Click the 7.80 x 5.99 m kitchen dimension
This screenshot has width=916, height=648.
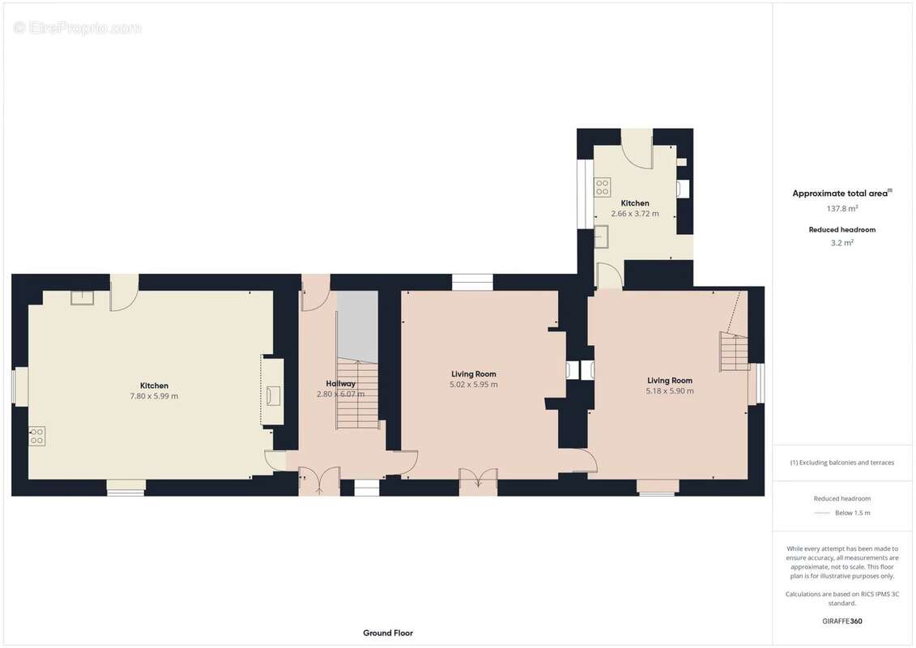point(154,396)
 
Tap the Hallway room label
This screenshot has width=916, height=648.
point(340,383)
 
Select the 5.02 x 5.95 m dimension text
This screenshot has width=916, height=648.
point(474,385)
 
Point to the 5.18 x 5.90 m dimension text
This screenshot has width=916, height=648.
point(670,391)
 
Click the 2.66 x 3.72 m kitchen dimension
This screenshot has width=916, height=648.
point(635,214)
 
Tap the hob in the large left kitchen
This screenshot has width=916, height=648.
point(37,437)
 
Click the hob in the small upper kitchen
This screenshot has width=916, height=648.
point(603,188)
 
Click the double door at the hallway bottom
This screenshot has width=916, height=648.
point(319,481)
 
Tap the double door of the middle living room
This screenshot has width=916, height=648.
point(478,481)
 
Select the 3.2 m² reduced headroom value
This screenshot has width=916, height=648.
point(842,242)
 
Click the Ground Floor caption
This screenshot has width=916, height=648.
point(387,633)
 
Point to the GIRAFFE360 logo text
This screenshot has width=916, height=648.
point(842,621)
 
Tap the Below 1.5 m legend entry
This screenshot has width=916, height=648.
point(852,513)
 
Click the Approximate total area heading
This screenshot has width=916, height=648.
point(841,194)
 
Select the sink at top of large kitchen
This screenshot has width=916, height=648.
point(82,298)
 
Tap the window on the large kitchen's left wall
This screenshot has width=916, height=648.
point(20,387)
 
